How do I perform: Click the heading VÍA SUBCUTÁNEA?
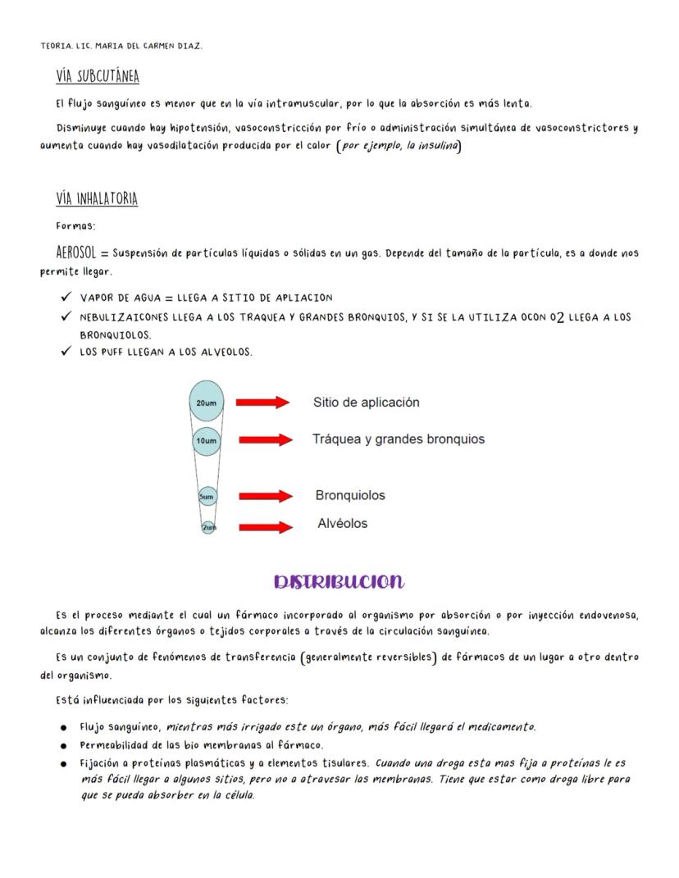click(98, 77)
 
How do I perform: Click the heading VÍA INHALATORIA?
click(97, 199)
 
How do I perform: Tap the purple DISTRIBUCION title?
click(339, 582)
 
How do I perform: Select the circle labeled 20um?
click(206, 402)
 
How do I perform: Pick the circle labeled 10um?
click(206, 441)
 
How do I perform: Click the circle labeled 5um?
click(207, 497)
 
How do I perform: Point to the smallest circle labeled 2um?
click(209, 527)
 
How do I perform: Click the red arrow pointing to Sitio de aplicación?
click(262, 403)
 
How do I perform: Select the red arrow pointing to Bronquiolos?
click(266, 497)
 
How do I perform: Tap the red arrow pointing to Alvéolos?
click(266, 527)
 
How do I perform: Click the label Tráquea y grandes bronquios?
click(398, 439)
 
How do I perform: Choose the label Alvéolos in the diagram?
click(342, 524)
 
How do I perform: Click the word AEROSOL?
click(76, 252)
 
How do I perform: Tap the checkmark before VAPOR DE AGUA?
click(66, 297)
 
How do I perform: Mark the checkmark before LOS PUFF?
click(66, 352)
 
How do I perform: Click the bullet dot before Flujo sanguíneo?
click(63, 728)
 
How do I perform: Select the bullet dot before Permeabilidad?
click(63, 746)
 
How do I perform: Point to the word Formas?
click(75, 226)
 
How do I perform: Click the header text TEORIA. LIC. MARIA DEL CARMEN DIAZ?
click(121, 46)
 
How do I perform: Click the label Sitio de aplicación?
click(366, 403)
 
